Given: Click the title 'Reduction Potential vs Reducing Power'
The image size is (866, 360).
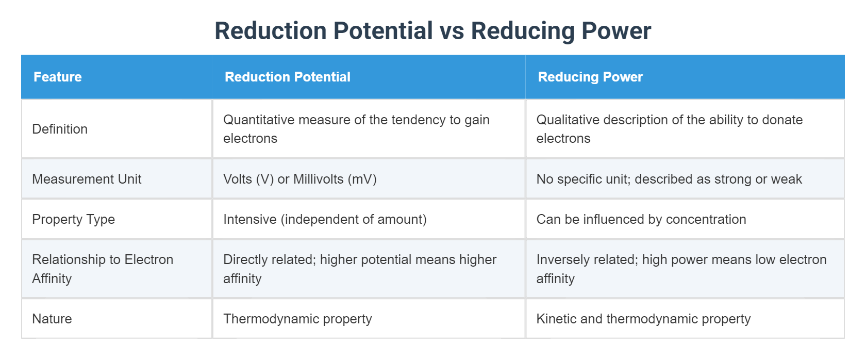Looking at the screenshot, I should [x=432, y=31].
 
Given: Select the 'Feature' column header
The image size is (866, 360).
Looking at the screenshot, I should [x=58, y=77].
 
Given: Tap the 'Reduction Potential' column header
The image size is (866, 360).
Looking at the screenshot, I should [x=287, y=77].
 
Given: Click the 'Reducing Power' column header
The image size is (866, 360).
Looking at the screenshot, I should [x=590, y=77].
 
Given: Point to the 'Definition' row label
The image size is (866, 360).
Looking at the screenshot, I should [x=60, y=129].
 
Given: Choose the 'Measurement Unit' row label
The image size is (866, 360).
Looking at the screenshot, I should [x=87, y=179].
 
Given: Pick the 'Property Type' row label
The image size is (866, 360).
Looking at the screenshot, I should [x=73, y=219].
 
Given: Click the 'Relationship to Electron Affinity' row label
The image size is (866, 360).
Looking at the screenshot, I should [x=103, y=269].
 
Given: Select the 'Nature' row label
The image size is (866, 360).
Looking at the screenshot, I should [x=52, y=319].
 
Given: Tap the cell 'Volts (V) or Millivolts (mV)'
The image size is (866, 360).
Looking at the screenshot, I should [x=300, y=179].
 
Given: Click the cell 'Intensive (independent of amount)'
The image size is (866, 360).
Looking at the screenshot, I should [x=325, y=219].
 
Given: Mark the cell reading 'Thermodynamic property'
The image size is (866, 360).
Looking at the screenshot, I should [x=297, y=319].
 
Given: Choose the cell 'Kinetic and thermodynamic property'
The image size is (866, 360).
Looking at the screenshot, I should [x=643, y=319].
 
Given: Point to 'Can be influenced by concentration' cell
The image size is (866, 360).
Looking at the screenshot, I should [x=641, y=219].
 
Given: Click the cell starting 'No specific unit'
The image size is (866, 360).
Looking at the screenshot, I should [x=669, y=179].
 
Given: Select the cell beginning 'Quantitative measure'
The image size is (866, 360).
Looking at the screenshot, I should [x=356, y=129].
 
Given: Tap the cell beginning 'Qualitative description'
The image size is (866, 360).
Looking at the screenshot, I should [x=669, y=129].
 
